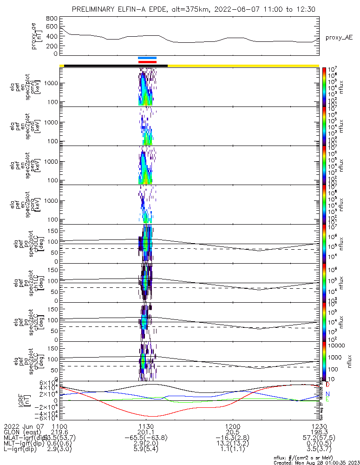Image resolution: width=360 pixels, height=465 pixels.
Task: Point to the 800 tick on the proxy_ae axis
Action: pyautogui.click(x=52, y=18)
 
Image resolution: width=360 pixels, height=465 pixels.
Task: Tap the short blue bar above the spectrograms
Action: pyautogui.click(x=147, y=58)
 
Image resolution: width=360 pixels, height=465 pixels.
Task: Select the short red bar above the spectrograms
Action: pyautogui.click(x=147, y=61)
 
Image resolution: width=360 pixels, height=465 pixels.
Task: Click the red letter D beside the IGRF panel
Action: pyautogui.click(x=327, y=385)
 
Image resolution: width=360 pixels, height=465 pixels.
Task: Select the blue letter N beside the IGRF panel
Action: pyautogui.click(x=327, y=394)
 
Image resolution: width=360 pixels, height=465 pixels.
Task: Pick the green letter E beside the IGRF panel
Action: pyautogui.click(x=327, y=399)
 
